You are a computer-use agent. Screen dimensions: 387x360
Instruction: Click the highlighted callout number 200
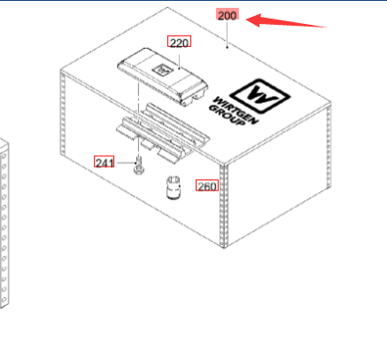click(227, 15)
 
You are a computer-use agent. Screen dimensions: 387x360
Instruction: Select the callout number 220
click(179, 42)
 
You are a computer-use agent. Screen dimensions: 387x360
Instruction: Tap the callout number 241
click(104, 161)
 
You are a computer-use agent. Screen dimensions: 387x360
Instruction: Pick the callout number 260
click(207, 185)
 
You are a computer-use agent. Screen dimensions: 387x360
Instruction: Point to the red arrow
click(286, 21)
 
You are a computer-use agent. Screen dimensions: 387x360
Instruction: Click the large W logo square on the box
click(259, 96)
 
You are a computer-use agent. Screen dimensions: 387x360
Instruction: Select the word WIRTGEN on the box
click(236, 111)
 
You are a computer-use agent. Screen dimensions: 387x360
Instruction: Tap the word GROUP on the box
click(227, 115)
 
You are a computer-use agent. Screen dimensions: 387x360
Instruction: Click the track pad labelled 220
click(163, 76)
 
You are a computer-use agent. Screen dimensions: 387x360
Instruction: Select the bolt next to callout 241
click(138, 167)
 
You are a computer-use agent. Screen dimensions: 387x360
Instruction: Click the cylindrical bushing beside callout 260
click(174, 188)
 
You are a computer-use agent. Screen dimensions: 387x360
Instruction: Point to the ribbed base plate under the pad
click(163, 133)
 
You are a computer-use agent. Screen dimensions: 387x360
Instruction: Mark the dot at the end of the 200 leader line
click(227, 47)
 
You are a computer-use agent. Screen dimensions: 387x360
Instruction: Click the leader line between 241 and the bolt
click(126, 163)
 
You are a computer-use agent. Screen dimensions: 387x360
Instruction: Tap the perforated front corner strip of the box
click(224, 207)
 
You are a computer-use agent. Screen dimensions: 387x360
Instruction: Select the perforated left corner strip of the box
click(63, 113)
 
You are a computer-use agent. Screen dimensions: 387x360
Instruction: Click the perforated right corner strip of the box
click(329, 147)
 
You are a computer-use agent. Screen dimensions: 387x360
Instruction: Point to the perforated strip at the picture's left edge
click(4, 225)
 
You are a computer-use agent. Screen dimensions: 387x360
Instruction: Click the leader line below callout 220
click(180, 58)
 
